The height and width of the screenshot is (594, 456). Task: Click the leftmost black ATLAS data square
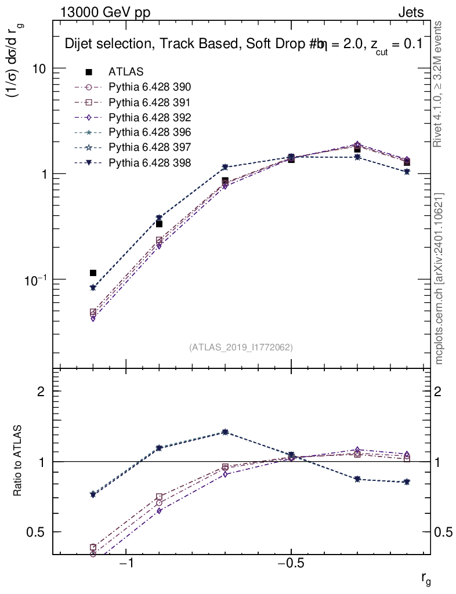[93, 273]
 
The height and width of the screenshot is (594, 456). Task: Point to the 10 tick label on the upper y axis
[38, 68]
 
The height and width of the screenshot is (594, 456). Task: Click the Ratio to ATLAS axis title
[19, 461]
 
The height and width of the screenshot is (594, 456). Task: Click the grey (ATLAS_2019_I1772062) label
[241, 347]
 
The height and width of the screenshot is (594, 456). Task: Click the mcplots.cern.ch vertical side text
[439, 278]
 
